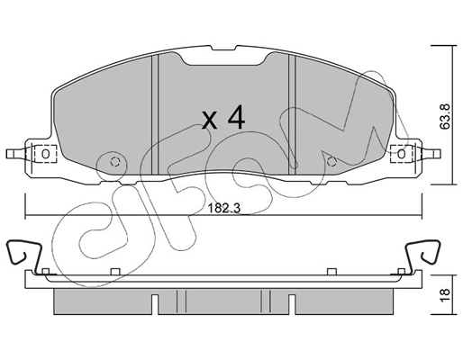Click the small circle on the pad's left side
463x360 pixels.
tap(114, 162)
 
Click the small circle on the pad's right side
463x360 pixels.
tap(331, 162)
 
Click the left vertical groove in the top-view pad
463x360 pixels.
tap(158, 112)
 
